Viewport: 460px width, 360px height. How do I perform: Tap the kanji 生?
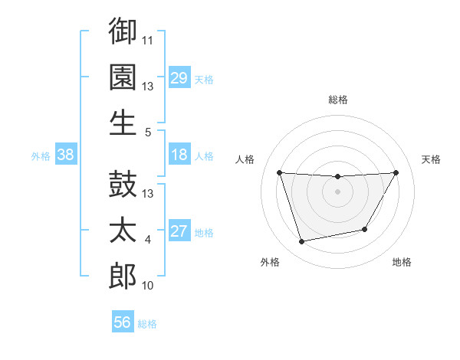click(123, 122)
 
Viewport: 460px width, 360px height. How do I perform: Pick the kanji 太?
click(123, 231)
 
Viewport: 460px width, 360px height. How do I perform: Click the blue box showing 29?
click(179, 78)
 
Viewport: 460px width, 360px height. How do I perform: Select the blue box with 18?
click(179, 155)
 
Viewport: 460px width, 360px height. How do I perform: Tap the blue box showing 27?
click(179, 232)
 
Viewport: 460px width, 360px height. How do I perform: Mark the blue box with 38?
click(66, 155)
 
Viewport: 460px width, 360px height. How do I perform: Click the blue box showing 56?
click(123, 323)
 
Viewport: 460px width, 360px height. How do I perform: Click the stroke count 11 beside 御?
click(148, 38)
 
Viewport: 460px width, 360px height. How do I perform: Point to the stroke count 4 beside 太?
click(148, 240)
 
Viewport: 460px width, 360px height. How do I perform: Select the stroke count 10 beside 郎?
click(148, 285)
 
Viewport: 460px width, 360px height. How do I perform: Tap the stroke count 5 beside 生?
click(148, 132)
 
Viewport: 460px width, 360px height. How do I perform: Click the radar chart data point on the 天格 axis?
click(396, 172)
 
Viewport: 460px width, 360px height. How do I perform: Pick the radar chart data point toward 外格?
click(302, 242)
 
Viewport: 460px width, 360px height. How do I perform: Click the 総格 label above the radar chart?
click(337, 100)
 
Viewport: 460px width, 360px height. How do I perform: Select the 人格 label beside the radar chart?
click(245, 159)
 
